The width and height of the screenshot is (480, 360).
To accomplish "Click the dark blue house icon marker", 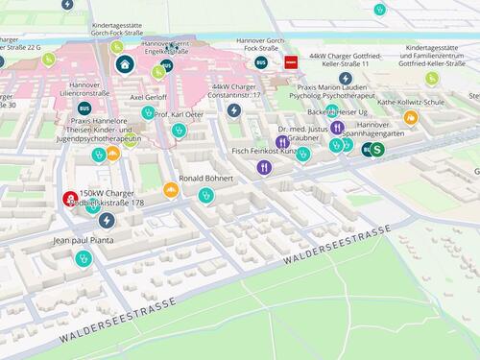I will pos(125,64).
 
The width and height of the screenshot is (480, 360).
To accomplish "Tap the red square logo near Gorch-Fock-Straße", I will pos(290,62).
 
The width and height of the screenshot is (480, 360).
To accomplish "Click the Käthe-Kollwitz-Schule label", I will pos(411,102).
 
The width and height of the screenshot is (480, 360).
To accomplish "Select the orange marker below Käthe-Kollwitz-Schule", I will pos(411,117).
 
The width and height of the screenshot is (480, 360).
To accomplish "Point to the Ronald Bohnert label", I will pos(206,179).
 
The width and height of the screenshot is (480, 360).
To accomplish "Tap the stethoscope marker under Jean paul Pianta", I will pos(83,257).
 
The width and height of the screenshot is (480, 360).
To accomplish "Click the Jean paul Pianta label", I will pos(82,240).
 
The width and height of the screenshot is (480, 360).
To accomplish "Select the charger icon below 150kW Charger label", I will pos(107,221).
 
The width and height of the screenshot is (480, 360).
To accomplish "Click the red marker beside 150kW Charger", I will pos(70,199).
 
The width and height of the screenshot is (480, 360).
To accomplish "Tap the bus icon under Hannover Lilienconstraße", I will pos(84,108).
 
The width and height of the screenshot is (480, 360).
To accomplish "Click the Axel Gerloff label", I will pos(148,98).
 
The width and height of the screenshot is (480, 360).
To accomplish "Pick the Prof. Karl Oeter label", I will pos(180,115).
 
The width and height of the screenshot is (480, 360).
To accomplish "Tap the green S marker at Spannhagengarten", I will pos(377,150).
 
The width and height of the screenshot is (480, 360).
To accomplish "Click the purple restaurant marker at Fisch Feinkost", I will pos(264,167).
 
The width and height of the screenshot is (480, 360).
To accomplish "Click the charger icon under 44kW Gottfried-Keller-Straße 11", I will pos(346,78).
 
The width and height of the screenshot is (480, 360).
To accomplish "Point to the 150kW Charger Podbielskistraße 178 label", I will pos(111,198).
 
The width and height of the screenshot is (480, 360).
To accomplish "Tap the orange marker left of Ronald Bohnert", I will pos(171,190).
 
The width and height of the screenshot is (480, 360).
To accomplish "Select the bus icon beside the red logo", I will pos(261,62).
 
